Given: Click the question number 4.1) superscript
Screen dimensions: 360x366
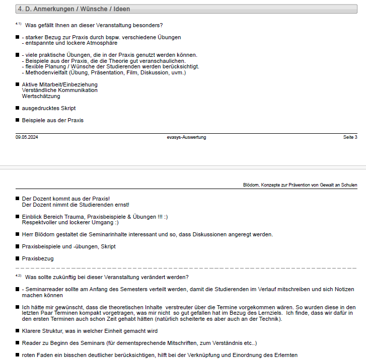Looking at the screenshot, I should (19, 24).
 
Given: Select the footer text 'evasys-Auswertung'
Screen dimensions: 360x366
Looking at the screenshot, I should (187, 137).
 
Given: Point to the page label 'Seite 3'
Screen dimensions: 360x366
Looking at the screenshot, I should (350, 137).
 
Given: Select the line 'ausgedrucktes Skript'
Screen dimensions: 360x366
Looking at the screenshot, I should (49, 108).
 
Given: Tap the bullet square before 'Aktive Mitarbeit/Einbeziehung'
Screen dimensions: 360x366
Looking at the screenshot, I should (18, 84).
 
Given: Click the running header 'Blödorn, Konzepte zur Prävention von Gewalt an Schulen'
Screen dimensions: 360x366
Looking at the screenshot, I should (300, 185).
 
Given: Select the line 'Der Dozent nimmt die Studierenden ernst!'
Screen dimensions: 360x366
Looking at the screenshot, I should (76, 205).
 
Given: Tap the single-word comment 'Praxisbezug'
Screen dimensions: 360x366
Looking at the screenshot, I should (38, 258).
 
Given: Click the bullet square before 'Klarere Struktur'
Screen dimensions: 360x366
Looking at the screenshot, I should (18, 331).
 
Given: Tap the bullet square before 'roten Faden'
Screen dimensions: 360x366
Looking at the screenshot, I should (18, 355).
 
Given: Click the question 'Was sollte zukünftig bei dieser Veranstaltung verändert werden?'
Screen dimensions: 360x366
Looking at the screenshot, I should (107, 277).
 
